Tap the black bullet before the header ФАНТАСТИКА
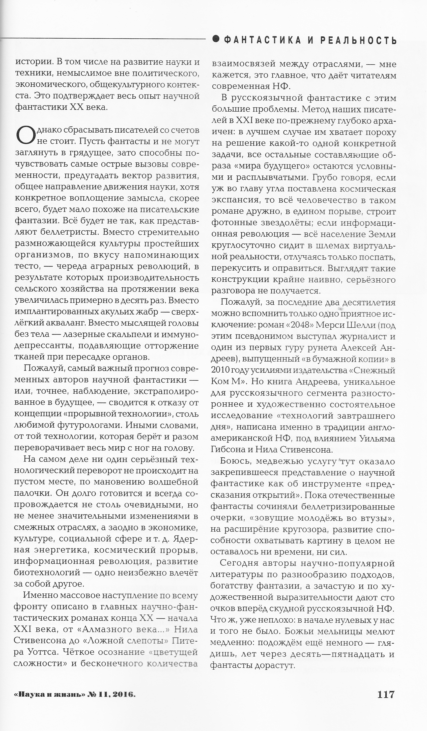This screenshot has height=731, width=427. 216,39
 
